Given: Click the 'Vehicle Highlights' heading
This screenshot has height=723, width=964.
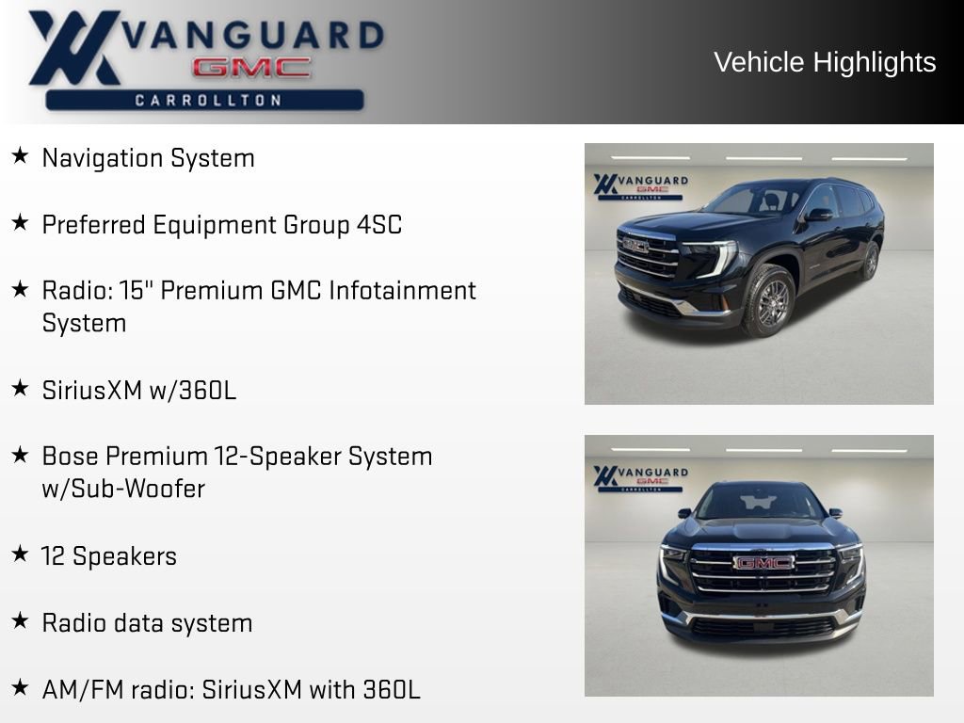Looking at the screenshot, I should click(x=825, y=62).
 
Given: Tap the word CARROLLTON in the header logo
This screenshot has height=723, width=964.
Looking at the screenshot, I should click(x=207, y=100).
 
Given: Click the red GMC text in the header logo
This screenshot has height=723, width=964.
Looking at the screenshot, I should click(x=250, y=68).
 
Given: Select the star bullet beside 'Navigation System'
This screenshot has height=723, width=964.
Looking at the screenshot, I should click(x=20, y=156).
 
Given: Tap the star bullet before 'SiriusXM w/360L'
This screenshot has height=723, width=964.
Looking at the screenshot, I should click(x=20, y=388).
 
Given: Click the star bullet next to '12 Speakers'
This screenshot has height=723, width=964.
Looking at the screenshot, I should click(x=20, y=554).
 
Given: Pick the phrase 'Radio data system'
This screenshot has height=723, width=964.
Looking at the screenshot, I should click(x=147, y=622).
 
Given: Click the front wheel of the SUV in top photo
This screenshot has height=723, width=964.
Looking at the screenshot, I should click(x=768, y=299).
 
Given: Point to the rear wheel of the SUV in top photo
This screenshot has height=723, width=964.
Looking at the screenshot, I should click(x=870, y=261).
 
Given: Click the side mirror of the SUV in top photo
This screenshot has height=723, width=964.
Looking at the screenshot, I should click(x=817, y=215).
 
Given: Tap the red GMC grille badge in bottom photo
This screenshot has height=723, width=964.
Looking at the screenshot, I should click(x=763, y=562).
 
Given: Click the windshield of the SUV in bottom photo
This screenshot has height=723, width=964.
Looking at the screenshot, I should click(x=760, y=502).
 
